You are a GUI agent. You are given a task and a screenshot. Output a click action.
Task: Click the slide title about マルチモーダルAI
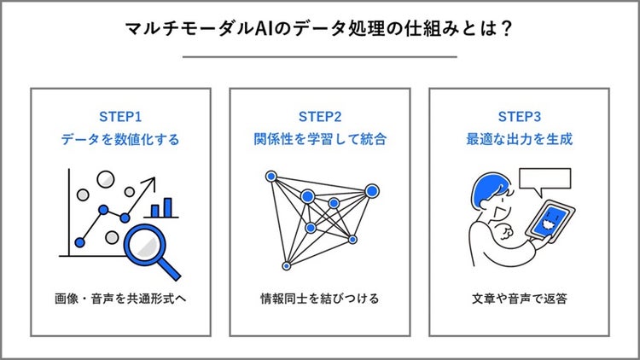click(x=320, y=29)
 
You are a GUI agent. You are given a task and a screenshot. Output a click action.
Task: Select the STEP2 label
click(x=319, y=116)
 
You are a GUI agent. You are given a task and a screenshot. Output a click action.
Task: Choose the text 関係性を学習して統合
click(x=319, y=138)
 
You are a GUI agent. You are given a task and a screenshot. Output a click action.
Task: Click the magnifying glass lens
click(x=146, y=241)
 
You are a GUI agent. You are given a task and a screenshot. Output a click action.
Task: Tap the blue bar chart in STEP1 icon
click(x=161, y=208)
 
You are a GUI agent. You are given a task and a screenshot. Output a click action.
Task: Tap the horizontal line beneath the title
click(x=320, y=56)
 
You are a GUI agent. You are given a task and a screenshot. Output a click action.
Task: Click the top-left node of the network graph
click(x=271, y=177)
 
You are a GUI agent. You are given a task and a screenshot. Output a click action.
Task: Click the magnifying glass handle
click(x=171, y=268)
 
